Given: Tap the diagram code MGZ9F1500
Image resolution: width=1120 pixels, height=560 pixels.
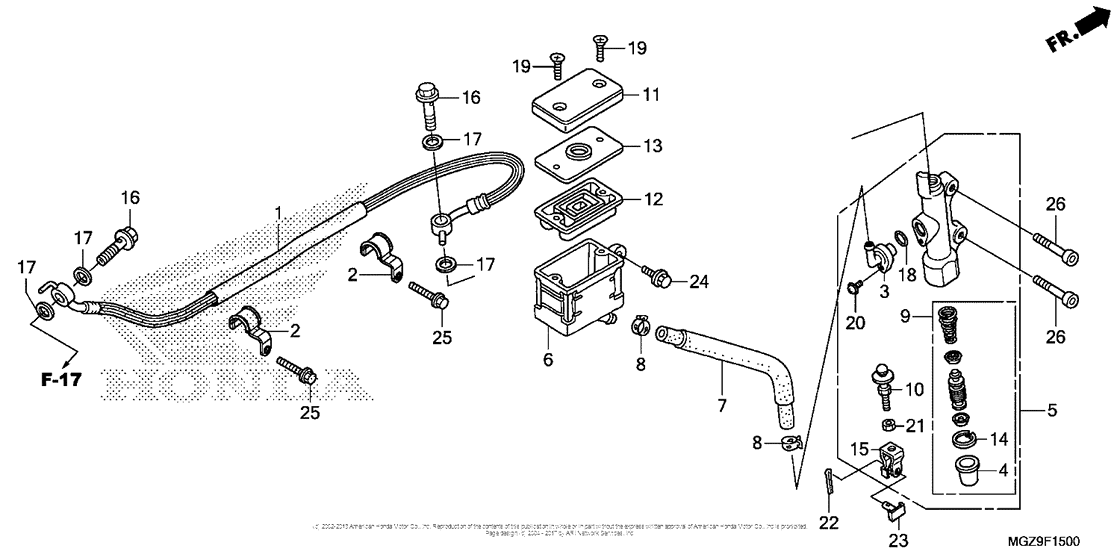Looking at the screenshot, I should tap(1043, 540).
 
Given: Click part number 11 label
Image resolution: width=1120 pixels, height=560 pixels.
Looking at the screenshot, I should tap(651, 96).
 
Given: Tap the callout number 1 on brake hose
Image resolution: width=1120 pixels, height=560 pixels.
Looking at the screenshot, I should tap(279, 213).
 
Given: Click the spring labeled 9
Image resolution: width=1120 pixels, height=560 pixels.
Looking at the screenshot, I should tap(946, 325).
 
